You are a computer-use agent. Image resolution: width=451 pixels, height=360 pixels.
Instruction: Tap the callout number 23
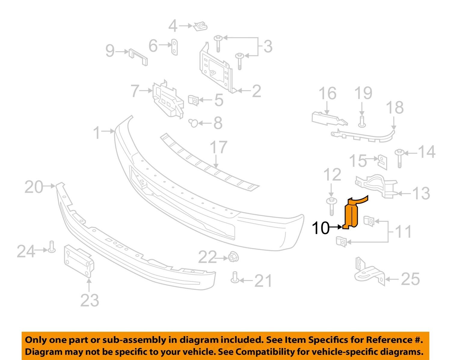[90, 300]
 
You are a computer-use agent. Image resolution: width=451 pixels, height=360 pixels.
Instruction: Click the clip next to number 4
[200, 26]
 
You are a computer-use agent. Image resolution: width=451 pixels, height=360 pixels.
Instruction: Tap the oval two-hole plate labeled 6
[174, 47]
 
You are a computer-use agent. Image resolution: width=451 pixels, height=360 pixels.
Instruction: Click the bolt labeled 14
[399, 158]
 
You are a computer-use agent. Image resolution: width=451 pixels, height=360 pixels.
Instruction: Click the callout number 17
[219, 148]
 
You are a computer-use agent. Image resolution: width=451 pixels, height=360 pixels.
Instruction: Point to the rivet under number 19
[362, 121]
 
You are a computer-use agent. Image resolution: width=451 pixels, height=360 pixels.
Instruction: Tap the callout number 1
[97, 132]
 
